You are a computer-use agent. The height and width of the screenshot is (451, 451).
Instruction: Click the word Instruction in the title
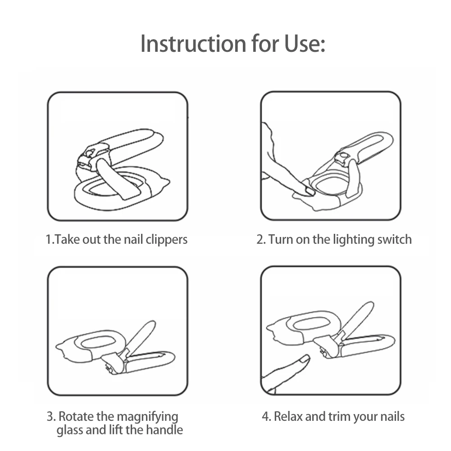(x=193, y=44)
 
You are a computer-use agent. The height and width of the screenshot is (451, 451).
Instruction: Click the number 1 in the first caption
(x=48, y=240)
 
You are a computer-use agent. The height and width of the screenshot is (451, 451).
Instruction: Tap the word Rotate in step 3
(x=76, y=416)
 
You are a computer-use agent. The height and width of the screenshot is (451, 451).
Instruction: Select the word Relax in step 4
(x=288, y=416)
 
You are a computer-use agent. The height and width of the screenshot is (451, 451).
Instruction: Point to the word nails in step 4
(x=392, y=416)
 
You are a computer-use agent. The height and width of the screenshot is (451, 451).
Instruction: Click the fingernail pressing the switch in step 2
(x=310, y=191)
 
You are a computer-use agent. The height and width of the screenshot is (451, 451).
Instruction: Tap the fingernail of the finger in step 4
(x=304, y=359)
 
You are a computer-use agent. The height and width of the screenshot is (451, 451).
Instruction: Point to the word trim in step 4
(x=339, y=416)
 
